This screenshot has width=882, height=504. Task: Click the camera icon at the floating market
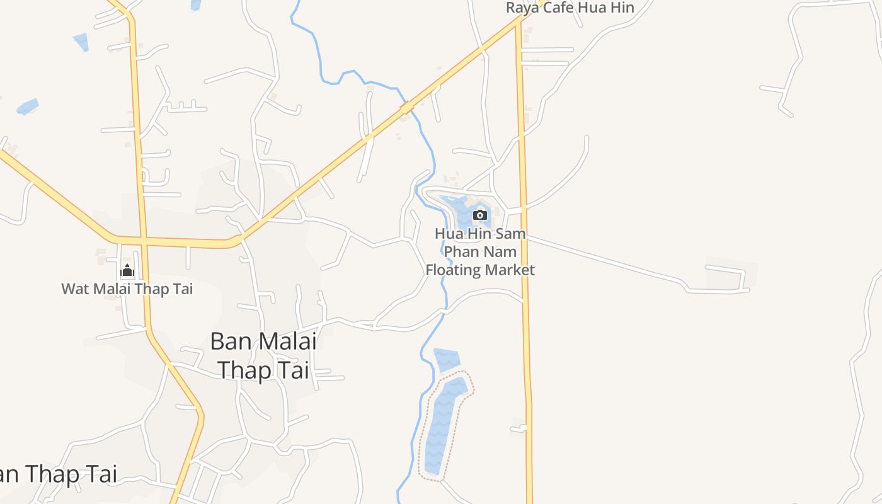click(x=480, y=215)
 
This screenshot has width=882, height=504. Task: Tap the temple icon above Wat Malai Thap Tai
click(x=127, y=271)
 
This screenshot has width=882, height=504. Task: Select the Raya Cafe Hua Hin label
click(x=570, y=8)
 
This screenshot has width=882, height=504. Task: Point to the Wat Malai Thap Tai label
click(x=127, y=289)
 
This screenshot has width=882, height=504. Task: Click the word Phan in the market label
click(x=462, y=251)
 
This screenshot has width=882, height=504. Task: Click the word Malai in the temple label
click(x=111, y=289)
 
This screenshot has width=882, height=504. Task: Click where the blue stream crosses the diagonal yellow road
click(x=408, y=106)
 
